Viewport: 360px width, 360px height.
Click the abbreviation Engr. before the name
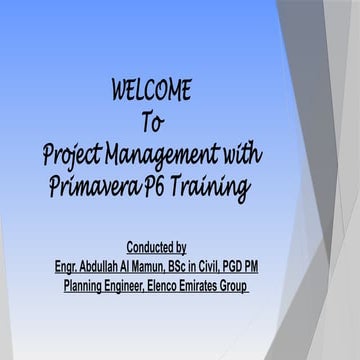click(70, 267)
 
